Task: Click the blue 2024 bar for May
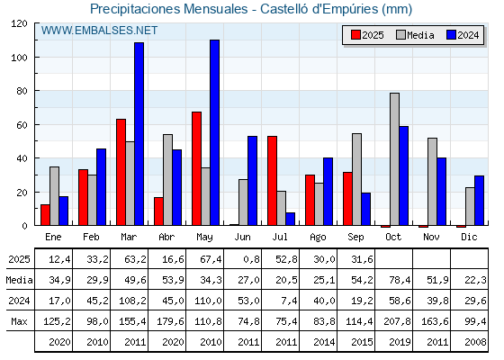point(215,132)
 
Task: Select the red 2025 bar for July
point(272,181)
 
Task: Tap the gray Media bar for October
point(395,159)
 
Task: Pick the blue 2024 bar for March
point(139,134)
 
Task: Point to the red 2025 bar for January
point(45,215)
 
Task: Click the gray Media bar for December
point(470,206)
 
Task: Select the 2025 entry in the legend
point(367,35)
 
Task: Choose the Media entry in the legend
point(415,35)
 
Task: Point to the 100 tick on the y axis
point(20,58)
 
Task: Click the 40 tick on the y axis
point(22,158)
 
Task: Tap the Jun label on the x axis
point(242,237)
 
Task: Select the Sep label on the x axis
point(355,237)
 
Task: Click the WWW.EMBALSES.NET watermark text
point(99,31)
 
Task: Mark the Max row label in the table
point(19,321)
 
